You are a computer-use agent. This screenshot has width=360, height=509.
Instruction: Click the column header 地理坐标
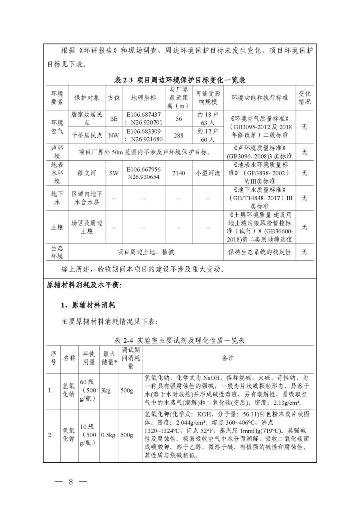pyautogui.click(x=144, y=98)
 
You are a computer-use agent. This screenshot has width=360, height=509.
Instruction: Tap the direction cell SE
pyautogui.click(x=114, y=119)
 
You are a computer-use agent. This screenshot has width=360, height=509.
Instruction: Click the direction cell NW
pyautogui.click(x=114, y=136)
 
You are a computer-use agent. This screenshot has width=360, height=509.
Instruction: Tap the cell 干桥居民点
pyautogui.click(x=87, y=136)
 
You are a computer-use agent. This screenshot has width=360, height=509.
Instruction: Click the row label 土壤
pyautogui.click(x=57, y=227)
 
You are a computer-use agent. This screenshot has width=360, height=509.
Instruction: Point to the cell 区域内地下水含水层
pyautogui.click(x=87, y=198)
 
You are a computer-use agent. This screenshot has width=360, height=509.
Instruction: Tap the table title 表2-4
pyautogui.click(x=180, y=341)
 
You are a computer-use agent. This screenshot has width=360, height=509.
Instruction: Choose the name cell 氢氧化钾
pyautogui.click(x=68, y=435)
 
